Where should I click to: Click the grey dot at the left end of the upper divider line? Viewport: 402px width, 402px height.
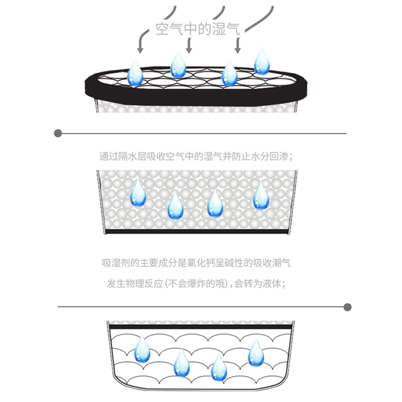tap(58, 133)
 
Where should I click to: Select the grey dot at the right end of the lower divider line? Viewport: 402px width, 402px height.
tap(347, 307)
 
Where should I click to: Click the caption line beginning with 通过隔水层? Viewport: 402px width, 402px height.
tap(195, 156)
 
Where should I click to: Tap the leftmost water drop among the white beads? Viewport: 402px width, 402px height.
tap(138, 194)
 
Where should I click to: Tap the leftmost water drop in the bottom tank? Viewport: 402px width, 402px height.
tap(142, 350)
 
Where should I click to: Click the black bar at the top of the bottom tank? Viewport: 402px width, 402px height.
tap(200, 327)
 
